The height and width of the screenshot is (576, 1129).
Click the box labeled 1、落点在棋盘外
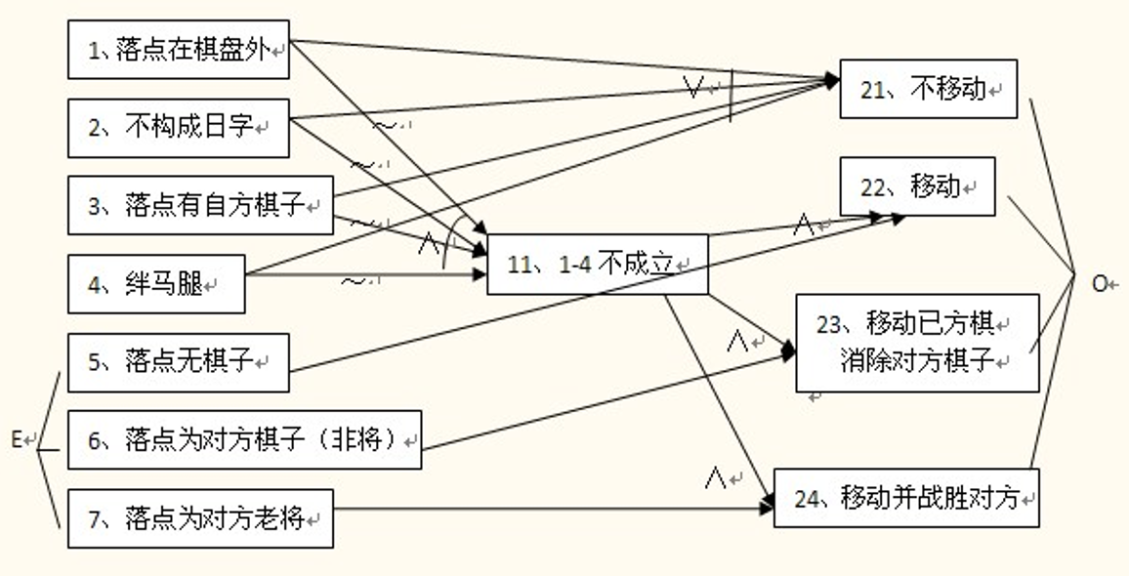179,50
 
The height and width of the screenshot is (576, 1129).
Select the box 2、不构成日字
179,127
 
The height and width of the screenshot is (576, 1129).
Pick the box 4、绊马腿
156,284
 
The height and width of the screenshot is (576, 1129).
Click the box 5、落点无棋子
179,362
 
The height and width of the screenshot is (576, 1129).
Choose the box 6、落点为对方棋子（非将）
244,440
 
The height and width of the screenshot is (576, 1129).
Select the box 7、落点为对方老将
200,518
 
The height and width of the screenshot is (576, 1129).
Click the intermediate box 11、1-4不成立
597,265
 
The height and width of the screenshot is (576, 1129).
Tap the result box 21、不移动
929,89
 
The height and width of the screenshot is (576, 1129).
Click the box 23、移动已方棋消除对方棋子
917,343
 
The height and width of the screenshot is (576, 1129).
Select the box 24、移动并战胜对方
906,499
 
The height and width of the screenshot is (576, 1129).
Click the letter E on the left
17,440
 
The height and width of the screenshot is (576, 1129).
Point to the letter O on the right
1100,283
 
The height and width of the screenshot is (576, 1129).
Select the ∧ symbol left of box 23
737,341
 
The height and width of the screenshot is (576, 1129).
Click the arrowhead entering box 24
768,507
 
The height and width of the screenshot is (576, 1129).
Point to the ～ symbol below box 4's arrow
353,282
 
